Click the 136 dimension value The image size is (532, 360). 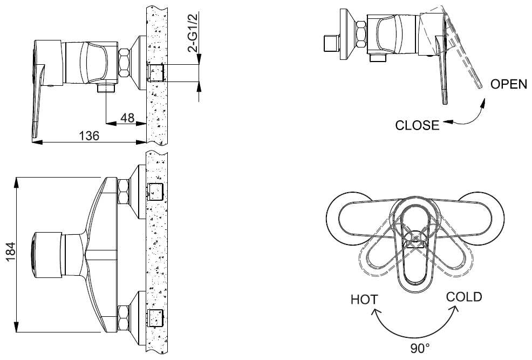pos(89,135)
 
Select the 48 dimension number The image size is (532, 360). pos(127,117)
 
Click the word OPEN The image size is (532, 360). pos(508,85)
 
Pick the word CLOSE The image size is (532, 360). pos(417,125)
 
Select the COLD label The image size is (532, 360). pos(464,297)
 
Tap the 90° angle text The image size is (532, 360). pos(420,348)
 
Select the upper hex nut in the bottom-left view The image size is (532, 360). pos(124,192)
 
